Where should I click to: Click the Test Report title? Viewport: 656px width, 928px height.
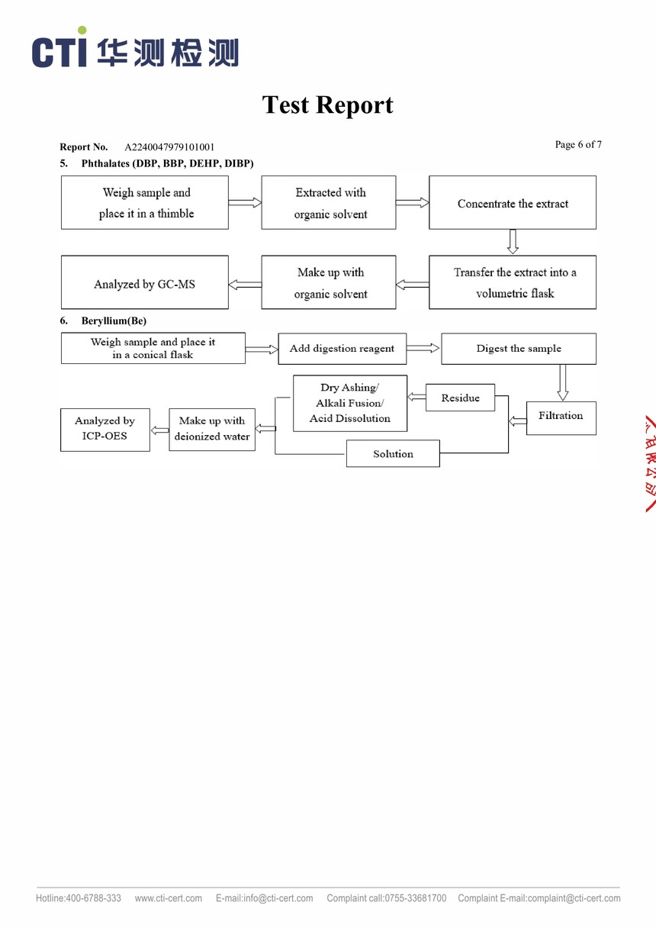coord(328,105)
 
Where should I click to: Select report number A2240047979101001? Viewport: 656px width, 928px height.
coord(169,147)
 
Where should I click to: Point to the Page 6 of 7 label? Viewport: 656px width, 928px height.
coord(578,145)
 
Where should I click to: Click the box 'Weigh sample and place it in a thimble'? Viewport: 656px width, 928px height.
coord(145,203)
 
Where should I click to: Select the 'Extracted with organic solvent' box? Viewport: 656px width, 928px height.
coord(329,203)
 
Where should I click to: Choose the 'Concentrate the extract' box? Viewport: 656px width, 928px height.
coord(513,203)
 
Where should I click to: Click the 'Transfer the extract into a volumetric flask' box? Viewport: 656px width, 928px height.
coord(513,282)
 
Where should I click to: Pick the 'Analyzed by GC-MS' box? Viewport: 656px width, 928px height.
coord(145,283)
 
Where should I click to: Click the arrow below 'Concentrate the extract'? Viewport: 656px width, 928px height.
coord(513,242)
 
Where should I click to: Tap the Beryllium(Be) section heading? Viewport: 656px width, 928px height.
coord(114,321)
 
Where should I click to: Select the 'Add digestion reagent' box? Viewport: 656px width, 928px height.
coord(342,349)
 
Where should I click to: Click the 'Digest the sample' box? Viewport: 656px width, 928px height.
coord(519,349)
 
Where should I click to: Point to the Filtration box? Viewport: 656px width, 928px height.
coord(561,417)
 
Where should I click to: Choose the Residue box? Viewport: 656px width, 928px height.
coord(460,398)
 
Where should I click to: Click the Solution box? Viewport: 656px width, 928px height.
coord(393,454)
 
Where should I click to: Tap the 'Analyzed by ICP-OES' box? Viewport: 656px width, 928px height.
coord(105,429)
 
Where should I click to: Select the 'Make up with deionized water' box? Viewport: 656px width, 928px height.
coord(212,429)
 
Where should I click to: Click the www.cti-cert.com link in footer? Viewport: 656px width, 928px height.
coord(169,898)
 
